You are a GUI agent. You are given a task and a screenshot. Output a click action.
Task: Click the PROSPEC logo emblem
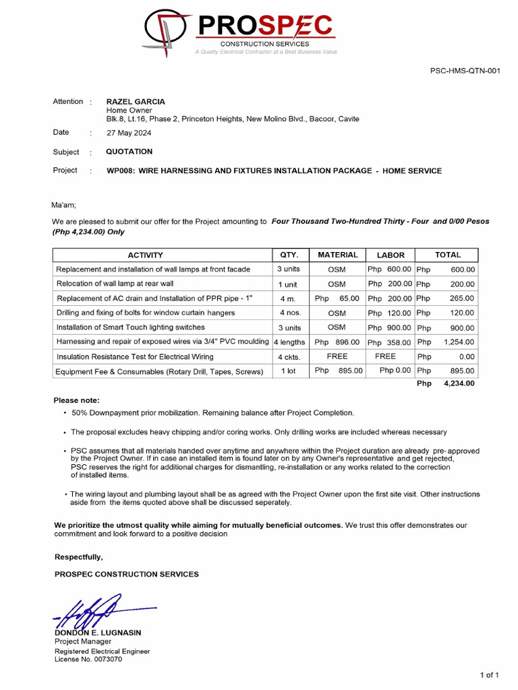pos(167,32)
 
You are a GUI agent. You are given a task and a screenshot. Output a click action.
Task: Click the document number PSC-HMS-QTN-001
pos(465,71)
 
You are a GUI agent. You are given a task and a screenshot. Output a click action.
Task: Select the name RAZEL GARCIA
pos(136,102)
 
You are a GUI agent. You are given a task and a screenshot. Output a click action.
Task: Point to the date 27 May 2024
pos(129,133)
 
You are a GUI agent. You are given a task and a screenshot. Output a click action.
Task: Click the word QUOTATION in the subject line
pos(129,152)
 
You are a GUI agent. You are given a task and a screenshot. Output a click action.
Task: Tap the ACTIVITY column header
pos(145,255)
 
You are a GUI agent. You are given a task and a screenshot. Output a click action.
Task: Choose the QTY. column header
pos(289,255)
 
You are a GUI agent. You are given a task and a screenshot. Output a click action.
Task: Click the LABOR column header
pos(391,255)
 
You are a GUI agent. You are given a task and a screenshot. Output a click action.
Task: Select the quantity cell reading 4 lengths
pos(289,342)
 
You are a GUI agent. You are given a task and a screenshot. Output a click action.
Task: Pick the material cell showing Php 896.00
pos(337,342)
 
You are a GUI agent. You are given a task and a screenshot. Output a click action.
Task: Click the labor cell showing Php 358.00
pos(390,342)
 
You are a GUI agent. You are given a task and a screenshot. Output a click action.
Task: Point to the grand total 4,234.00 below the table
pos(459,383)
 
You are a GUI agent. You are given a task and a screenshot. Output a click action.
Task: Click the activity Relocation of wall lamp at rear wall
pos(115,284)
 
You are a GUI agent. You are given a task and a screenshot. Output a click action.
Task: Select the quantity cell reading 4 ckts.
pos(289,357)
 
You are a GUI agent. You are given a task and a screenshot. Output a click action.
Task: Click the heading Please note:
pos(76,400)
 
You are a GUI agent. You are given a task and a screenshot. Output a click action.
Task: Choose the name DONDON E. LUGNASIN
pos(98,633)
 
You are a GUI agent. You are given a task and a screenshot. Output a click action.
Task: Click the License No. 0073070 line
pos(88,660)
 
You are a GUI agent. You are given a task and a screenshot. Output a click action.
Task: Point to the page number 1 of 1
pos(489,675)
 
